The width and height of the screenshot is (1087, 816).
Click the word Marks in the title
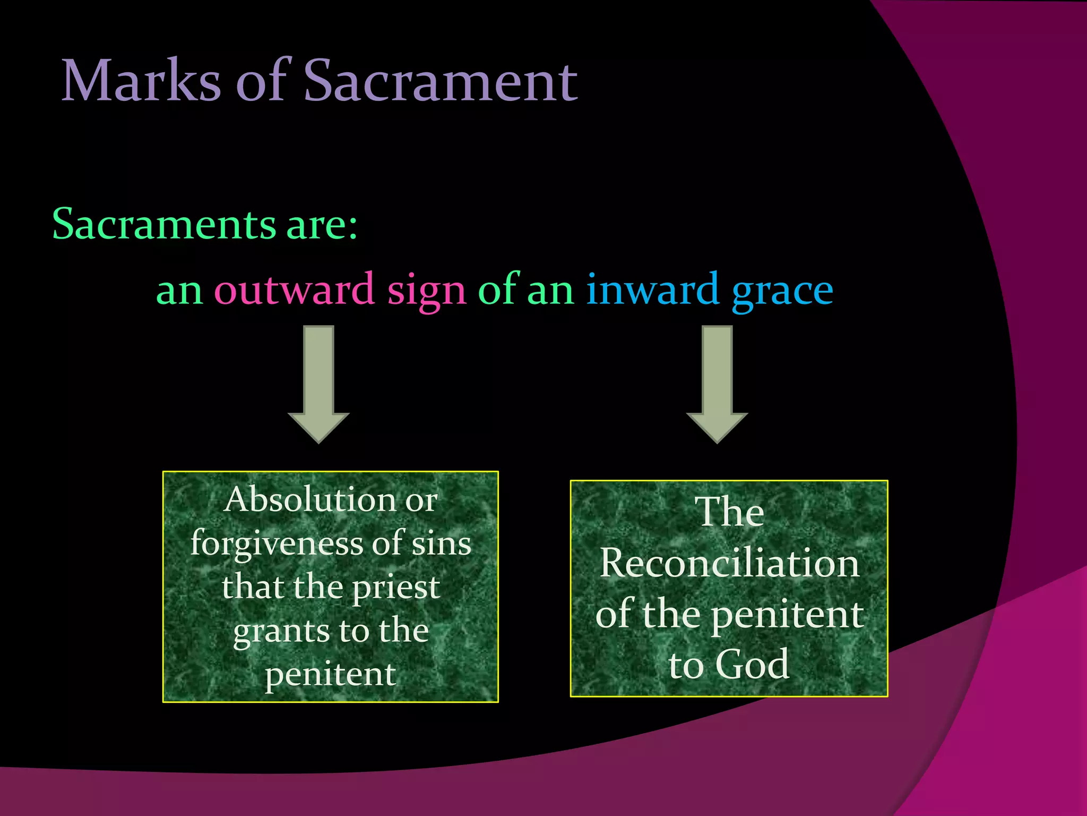141,81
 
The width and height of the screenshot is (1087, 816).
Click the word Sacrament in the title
440,81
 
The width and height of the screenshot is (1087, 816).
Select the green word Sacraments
164,224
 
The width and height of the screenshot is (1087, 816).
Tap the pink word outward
294,290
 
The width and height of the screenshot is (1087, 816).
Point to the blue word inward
652,290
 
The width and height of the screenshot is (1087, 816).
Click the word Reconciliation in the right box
729,563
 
